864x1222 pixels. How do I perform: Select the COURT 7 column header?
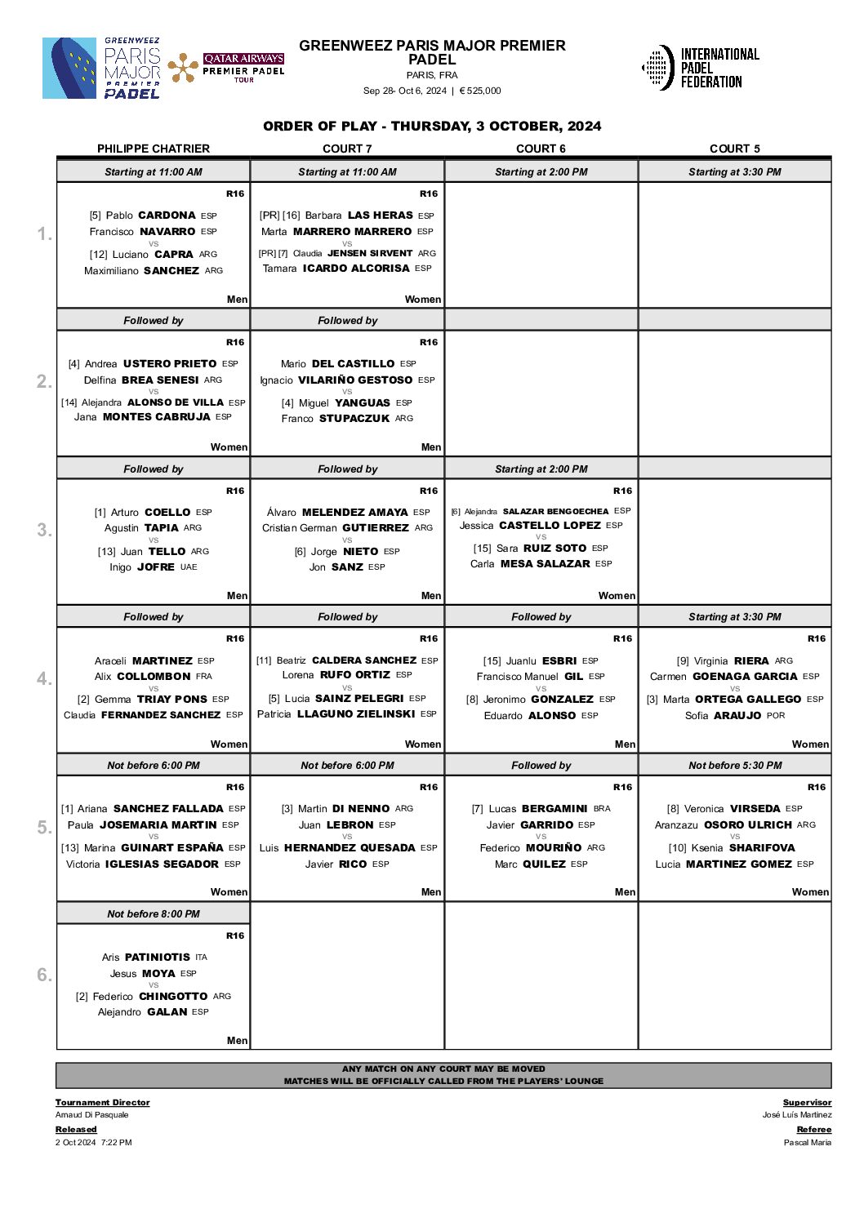pos(347,149)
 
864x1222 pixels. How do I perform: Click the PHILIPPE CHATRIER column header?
pos(154,149)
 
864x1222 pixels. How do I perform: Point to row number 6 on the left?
pos(44,975)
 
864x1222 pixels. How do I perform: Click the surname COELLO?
pos(167,513)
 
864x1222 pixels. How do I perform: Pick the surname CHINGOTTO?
pos(173,997)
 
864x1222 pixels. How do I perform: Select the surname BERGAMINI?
pos(554,809)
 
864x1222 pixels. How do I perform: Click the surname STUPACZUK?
pos(354,419)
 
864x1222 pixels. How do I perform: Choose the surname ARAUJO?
pos(737,716)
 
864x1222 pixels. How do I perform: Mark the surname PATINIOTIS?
pos(158,958)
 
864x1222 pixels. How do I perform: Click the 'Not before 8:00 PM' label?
pos(154,914)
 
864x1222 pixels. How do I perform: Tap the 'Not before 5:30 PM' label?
pos(735,766)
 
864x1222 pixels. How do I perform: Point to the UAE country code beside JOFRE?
pos(189,567)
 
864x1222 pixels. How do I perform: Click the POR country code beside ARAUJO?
pos(776,716)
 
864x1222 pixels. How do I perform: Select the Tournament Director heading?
pos(103,1103)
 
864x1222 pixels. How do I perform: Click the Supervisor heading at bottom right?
pos(807,1103)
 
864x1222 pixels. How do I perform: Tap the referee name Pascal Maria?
pos(807,1143)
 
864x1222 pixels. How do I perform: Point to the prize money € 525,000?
pos(480,91)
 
